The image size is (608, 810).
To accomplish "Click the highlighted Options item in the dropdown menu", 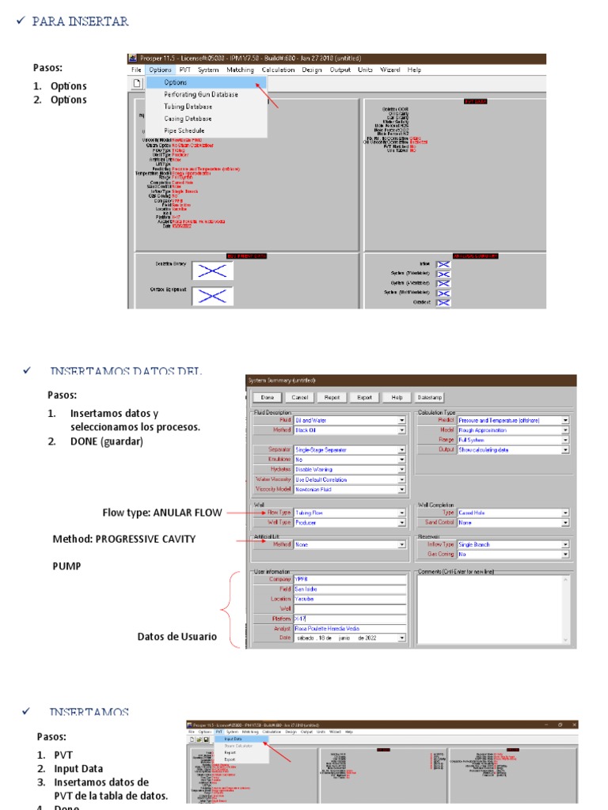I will click(x=176, y=82).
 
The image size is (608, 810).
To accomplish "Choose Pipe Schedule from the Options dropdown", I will click(x=184, y=131).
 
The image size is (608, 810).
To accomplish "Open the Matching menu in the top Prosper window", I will click(x=240, y=70).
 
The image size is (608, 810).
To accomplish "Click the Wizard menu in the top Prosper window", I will click(x=389, y=70).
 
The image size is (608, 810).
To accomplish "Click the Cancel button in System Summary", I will click(x=300, y=398).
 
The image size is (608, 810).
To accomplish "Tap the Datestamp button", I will click(x=430, y=398).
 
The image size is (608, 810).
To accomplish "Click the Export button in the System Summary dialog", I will click(x=364, y=398).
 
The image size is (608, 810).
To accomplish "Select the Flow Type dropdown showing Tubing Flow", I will click(x=349, y=513).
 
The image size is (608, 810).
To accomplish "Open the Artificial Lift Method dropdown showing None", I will click(x=349, y=544).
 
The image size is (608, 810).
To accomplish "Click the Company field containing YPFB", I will click(x=350, y=579).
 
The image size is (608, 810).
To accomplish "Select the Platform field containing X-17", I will click(x=350, y=618).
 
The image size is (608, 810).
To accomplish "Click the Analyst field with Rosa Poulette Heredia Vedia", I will click(x=350, y=628).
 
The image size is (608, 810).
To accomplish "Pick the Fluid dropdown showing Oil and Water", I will click(x=349, y=420).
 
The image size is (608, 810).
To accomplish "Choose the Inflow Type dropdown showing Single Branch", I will click(x=512, y=544).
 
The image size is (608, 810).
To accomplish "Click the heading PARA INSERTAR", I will click(x=80, y=21).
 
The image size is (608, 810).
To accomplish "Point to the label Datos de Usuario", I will click(x=177, y=637).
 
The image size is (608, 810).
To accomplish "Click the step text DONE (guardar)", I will click(x=106, y=441).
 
